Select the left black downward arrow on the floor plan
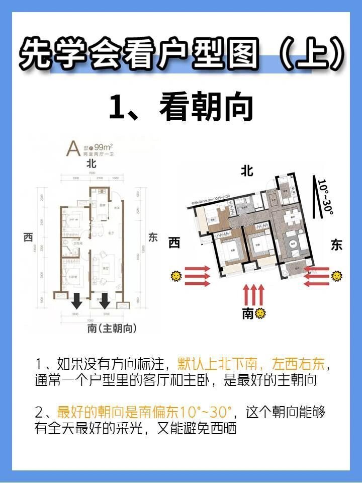coord(76,301)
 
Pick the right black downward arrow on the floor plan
coord(105,301)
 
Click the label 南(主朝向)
coord(112,329)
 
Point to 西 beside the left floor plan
coord(28,237)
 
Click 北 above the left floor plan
coord(91,164)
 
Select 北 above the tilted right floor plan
coord(247,171)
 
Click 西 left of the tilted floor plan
coord(174,244)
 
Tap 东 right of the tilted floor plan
coord(336,245)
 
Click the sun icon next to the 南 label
coord(260,314)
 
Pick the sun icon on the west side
coord(176,276)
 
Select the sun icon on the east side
coord(336,276)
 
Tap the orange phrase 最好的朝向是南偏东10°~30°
coord(145,413)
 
